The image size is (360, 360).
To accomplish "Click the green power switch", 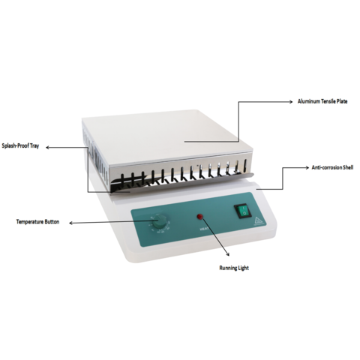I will pos(242,212).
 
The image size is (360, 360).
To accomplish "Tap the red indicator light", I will pos(200,217).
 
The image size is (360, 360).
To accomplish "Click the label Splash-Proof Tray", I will pos(22,147).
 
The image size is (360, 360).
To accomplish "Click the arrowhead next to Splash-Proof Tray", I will pos(50,147).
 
